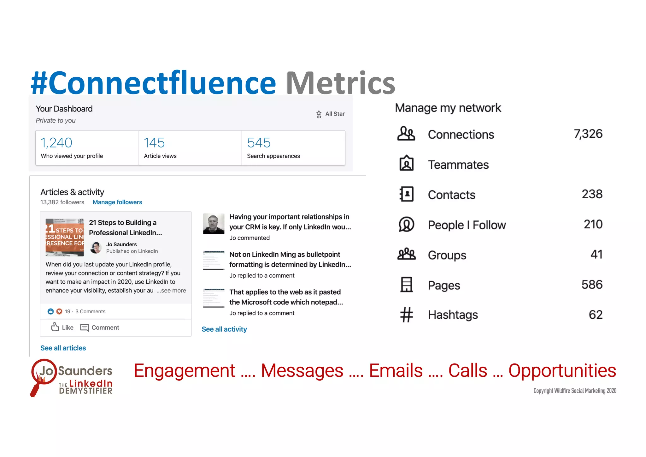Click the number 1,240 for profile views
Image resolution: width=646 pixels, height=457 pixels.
(x=56, y=143)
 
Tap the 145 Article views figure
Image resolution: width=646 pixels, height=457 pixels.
(x=154, y=143)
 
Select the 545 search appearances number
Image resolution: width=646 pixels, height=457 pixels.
(x=259, y=143)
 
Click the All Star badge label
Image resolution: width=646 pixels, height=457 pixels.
(x=335, y=114)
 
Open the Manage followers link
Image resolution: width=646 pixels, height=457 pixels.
(x=117, y=202)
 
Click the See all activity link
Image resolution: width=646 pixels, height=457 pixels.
(x=224, y=329)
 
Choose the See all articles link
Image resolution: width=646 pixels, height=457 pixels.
(x=63, y=348)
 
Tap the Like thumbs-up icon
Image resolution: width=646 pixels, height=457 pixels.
(x=55, y=327)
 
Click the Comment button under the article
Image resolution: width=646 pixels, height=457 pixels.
(x=100, y=328)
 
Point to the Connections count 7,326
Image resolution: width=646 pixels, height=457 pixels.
(x=588, y=134)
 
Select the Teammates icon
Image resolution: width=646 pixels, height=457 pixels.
(x=406, y=164)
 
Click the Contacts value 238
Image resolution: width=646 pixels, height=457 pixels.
(x=592, y=194)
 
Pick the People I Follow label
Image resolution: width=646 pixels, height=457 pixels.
(x=467, y=225)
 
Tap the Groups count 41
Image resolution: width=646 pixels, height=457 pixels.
(x=596, y=255)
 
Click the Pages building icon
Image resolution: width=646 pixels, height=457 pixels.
(x=406, y=284)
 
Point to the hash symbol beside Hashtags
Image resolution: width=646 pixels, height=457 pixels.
(x=407, y=315)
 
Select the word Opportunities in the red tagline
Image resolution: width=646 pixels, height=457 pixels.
(x=562, y=370)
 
